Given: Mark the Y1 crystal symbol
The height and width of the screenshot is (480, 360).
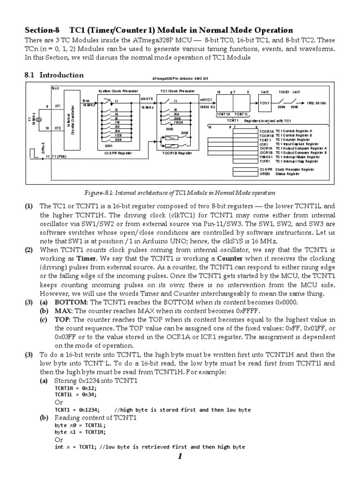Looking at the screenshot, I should pyautogui.click(x=41, y=119).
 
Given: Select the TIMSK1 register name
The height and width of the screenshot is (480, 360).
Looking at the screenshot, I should pyautogui.click(x=266, y=157).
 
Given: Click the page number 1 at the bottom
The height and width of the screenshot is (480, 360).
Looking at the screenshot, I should pyautogui.click(x=180, y=458).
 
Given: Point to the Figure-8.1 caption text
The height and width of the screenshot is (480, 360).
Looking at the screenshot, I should pyautogui.click(x=180, y=193).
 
